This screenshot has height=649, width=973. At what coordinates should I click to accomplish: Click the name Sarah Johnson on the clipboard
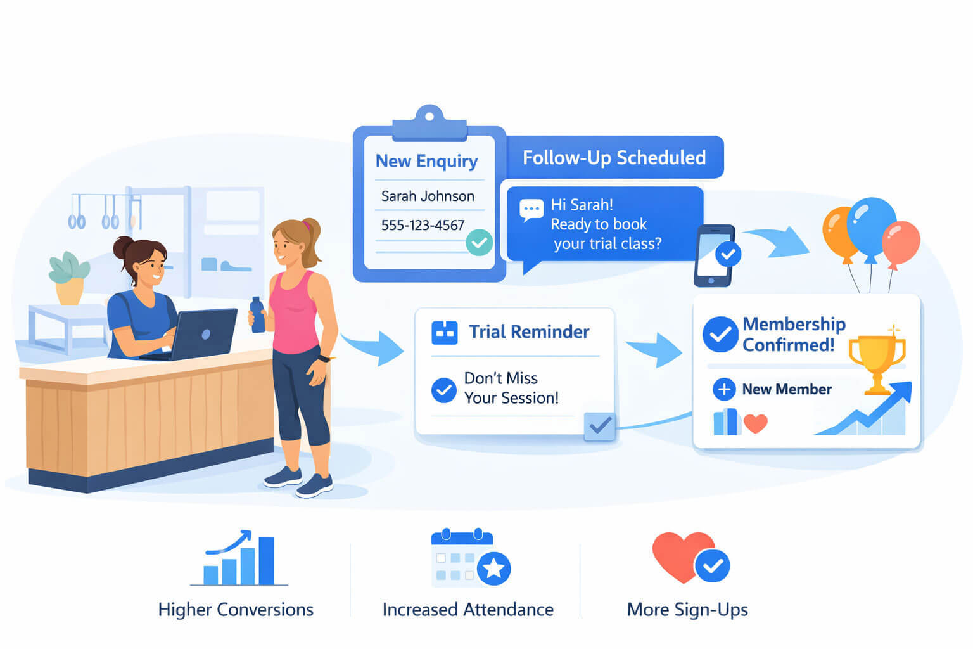coord(428,196)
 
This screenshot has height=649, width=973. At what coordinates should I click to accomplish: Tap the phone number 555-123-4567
coord(423,225)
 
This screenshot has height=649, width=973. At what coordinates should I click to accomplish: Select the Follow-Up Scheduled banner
coord(614,157)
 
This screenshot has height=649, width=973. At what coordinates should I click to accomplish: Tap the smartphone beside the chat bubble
coord(714,255)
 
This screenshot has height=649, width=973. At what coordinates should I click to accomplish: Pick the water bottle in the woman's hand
coord(257,315)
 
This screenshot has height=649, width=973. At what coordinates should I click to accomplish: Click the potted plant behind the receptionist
coord(68,278)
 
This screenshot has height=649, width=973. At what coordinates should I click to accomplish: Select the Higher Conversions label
coord(236,610)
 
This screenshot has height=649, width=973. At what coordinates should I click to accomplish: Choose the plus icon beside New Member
coord(724,389)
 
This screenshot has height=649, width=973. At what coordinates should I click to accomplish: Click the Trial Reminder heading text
coord(529,332)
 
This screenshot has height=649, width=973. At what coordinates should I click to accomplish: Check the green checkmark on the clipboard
coord(479,243)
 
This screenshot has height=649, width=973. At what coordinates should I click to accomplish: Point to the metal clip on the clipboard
coord(429,124)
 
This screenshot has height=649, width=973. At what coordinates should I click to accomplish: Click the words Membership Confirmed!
coord(794,334)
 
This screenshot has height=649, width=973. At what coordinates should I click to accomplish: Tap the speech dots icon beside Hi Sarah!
coord(531,210)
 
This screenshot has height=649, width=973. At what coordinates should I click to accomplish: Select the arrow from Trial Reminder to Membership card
coord(654,349)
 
